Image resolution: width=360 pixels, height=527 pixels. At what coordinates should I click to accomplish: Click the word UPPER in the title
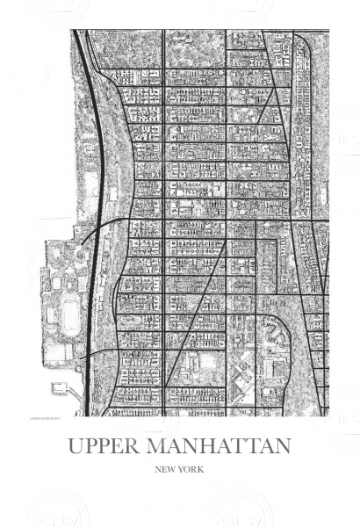click(x=107, y=446)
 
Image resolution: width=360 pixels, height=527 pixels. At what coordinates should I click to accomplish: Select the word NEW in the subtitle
click(x=166, y=470)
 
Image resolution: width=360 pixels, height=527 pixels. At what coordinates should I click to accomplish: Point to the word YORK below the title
click(x=192, y=470)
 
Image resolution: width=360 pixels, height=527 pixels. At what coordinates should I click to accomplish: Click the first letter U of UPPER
click(x=76, y=446)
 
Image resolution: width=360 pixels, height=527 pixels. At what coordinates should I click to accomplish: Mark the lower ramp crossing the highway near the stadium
click(x=88, y=353)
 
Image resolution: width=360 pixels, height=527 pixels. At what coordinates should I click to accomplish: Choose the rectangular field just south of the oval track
click(x=58, y=352)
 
